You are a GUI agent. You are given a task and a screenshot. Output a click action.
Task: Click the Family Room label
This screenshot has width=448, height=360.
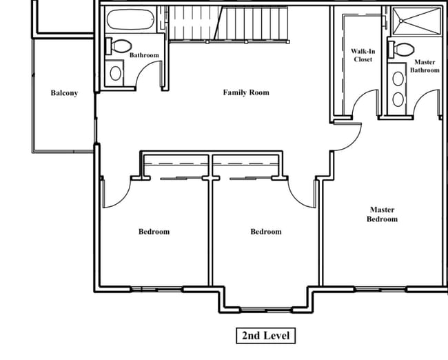tap(246, 92)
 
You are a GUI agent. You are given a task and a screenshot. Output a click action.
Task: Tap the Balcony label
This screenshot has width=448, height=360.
tap(64, 93)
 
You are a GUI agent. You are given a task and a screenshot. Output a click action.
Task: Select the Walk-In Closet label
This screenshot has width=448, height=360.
tap(363, 55)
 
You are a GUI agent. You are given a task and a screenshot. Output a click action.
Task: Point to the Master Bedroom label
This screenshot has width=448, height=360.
tap(382, 214)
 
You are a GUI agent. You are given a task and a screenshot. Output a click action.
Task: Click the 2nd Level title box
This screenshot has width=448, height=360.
tap(266, 335)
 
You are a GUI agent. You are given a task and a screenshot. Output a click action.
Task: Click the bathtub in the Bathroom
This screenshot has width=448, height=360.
tap(130, 19)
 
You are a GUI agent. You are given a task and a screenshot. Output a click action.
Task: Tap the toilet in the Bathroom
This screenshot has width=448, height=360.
tap(119, 46)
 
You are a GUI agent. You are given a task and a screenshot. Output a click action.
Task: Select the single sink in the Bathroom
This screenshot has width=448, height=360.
tap(115, 73)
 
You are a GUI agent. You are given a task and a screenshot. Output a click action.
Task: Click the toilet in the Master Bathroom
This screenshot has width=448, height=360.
tap(401, 50)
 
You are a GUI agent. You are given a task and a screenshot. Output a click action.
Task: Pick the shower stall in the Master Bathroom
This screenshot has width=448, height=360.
tap(417, 21)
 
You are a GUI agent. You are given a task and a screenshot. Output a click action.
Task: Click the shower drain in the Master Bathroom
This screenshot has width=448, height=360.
tap(401, 21)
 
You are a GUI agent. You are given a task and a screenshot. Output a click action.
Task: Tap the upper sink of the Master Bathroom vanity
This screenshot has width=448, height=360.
tap(398, 79)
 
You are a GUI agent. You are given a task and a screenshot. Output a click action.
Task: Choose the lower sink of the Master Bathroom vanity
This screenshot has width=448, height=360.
tap(398, 99)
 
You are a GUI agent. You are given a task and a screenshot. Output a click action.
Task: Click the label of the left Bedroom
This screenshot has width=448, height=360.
tap(154, 231)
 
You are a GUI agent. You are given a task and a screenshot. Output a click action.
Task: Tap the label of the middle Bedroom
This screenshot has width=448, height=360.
tap(266, 231)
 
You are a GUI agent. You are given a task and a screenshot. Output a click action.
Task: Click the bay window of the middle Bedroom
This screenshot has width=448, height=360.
tap(266, 310)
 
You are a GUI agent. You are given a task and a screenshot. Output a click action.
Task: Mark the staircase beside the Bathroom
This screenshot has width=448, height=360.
tap(229, 24)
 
